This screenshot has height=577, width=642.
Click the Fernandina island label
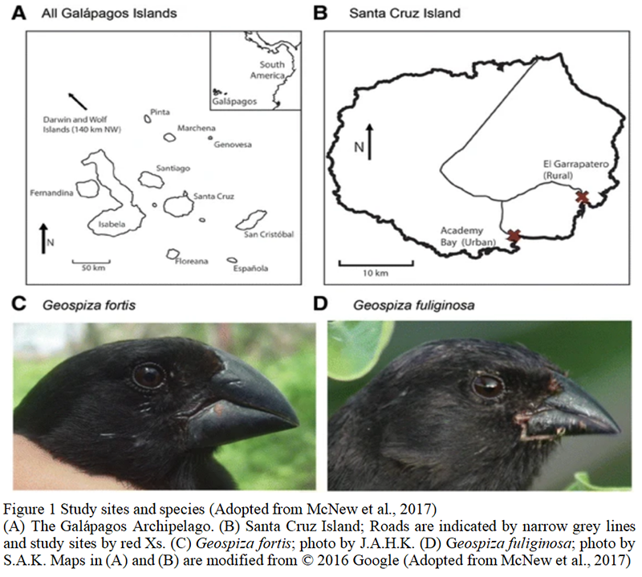[x=51, y=193]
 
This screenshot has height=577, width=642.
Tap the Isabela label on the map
[x=112, y=224]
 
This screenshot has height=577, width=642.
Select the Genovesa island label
[x=233, y=144]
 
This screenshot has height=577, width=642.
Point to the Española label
[x=250, y=269]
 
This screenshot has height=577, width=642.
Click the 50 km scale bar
[x=91, y=262]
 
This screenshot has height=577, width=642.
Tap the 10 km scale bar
[x=376, y=263]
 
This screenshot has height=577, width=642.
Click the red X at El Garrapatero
[x=583, y=197]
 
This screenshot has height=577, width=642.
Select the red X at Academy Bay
[x=514, y=235]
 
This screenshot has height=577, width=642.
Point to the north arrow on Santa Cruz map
[x=370, y=142]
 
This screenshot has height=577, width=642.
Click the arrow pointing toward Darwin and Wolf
[x=78, y=102]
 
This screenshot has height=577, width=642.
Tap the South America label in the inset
[x=268, y=70]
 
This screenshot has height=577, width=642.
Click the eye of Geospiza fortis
[x=148, y=376]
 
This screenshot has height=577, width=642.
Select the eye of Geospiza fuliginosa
[x=488, y=385]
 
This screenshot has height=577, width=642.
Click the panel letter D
[x=320, y=304]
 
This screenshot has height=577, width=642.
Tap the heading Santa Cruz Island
[x=404, y=14]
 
